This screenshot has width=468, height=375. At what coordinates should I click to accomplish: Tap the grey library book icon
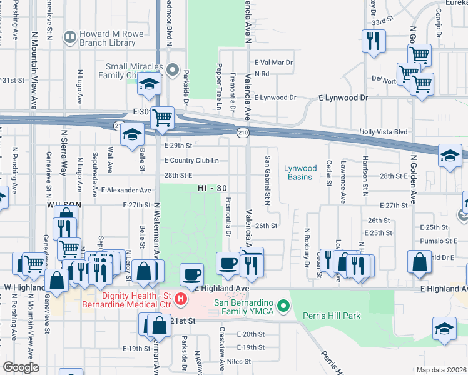[x=69, y=38]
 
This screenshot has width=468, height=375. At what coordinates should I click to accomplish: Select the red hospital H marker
[x=181, y=300]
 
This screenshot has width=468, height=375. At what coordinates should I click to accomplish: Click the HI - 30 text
[x=212, y=187]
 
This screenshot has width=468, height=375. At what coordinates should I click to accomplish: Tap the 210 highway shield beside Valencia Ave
[x=243, y=132]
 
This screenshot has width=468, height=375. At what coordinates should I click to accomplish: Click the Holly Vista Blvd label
[x=384, y=132]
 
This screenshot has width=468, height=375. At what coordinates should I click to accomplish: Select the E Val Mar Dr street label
[x=274, y=62]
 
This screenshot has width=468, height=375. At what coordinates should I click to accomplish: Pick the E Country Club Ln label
[x=191, y=160]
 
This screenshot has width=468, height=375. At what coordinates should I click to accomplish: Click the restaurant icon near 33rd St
[x=374, y=41]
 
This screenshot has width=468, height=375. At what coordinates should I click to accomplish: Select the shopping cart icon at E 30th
[x=162, y=116]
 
